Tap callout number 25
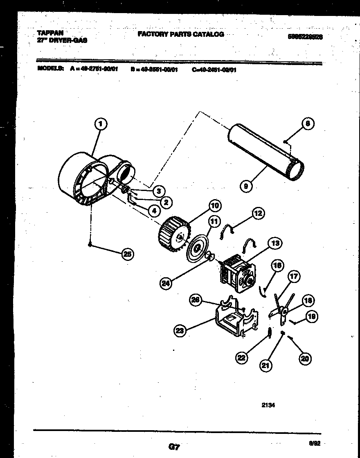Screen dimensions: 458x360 (127, 254)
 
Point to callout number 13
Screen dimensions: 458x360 (274, 244)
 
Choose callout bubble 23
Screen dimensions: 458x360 (179, 331)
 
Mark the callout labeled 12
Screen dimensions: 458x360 (257, 213)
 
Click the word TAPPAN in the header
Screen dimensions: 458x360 (50, 33)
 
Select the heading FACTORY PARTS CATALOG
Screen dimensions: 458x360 (180, 34)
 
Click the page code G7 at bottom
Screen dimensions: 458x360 (174, 447)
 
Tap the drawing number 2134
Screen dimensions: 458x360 (268, 406)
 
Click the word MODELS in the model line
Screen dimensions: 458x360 (50, 69)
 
